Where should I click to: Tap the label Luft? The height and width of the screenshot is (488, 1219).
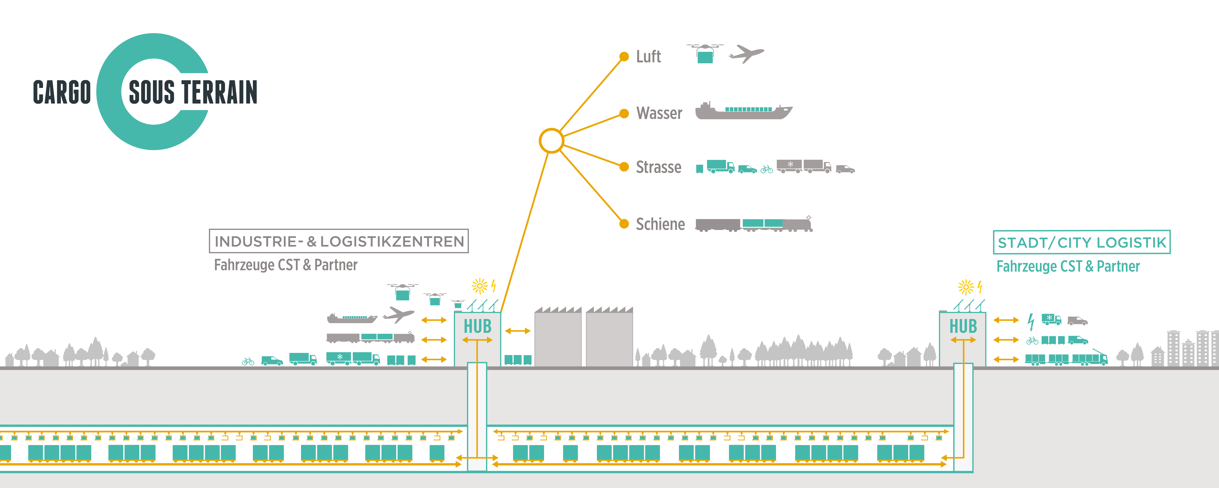(648, 57)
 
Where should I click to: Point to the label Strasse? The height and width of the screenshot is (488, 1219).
(658, 167)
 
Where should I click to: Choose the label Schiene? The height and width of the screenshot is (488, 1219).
(660, 224)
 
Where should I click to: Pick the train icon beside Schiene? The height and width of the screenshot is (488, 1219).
(753, 224)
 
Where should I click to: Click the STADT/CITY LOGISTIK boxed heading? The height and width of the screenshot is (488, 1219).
(1081, 242)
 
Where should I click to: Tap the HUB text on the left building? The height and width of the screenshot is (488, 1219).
(477, 326)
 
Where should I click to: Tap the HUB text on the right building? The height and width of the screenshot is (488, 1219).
(963, 326)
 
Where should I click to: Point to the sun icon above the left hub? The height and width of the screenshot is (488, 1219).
(479, 286)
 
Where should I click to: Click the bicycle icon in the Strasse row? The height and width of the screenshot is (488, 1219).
(767, 169)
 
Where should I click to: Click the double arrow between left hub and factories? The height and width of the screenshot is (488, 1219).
(518, 331)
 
